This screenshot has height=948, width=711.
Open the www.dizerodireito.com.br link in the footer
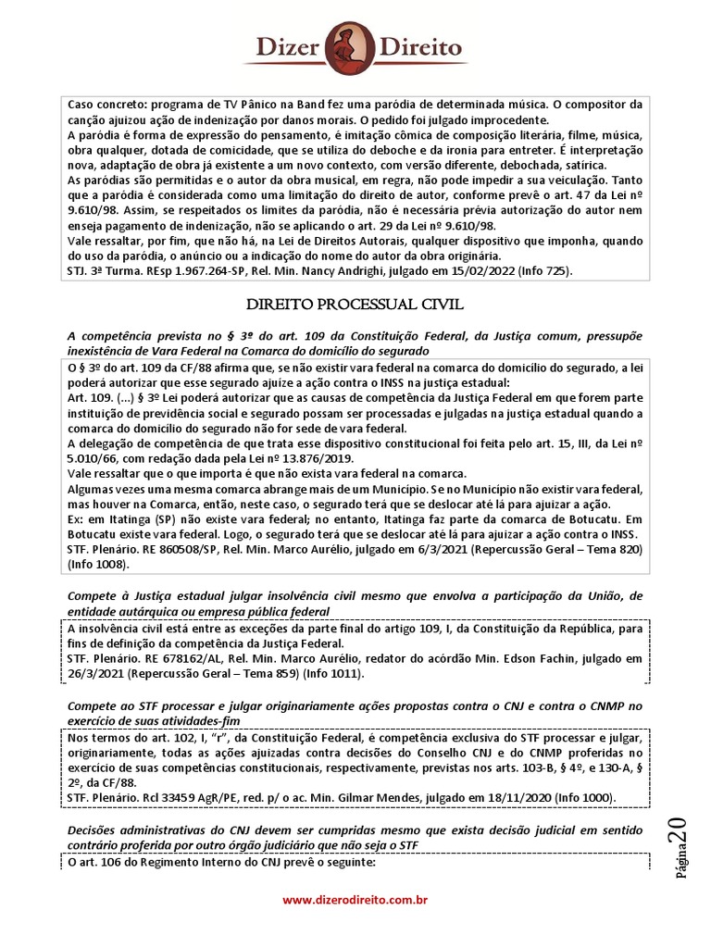tap(355, 899)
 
